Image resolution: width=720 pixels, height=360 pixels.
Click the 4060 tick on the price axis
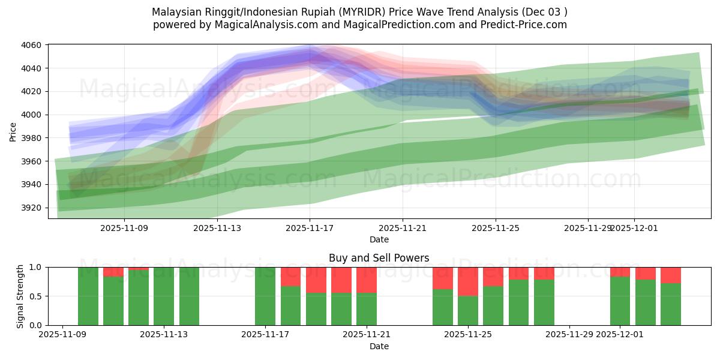[x=31, y=45]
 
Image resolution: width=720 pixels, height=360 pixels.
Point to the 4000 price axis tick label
[x=31, y=115]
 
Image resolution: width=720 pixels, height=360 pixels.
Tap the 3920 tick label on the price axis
[x=31, y=208]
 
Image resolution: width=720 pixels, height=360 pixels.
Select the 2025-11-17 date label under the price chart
[x=310, y=228]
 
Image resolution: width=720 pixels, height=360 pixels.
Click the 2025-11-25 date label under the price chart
[x=496, y=228]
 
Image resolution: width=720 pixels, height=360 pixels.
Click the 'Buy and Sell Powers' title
[x=379, y=258]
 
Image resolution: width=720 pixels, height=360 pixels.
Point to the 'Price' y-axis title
[x=14, y=131]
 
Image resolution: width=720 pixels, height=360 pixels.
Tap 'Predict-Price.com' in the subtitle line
[x=526, y=25]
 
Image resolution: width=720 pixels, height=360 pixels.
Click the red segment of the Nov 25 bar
[x=468, y=281]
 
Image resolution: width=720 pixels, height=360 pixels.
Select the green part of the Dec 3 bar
[x=671, y=304]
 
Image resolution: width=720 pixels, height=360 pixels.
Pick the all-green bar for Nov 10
[x=88, y=296]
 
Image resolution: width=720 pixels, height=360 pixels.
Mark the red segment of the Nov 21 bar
[x=367, y=280]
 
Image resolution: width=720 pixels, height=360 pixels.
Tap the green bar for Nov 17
[x=265, y=296]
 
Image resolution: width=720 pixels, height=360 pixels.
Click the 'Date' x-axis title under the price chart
[x=379, y=239]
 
